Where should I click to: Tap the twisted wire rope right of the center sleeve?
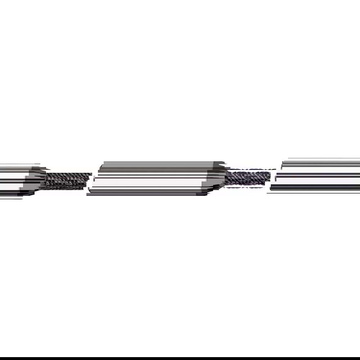point(248,177)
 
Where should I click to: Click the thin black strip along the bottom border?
point(180,359)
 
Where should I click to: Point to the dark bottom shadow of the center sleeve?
point(151,193)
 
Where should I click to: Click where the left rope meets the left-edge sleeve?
point(45,180)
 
